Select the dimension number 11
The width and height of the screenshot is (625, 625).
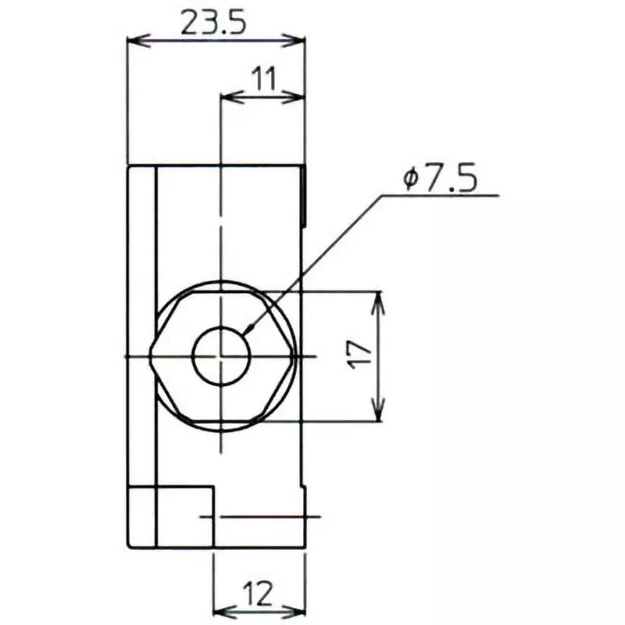pos(263,80)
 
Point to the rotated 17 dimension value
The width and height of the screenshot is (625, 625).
pos(360,356)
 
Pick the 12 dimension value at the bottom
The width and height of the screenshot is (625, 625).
pos(259,595)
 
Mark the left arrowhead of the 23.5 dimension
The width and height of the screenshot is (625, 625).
pos(133,39)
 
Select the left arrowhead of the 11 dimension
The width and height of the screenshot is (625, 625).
pos(229,96)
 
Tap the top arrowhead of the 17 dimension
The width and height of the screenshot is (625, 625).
pos(379,298)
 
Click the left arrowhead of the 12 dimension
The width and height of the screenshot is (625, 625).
pos(220,612)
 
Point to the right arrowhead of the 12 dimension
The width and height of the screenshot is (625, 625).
pos(298,612)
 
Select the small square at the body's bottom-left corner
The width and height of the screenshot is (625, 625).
pos(141,516)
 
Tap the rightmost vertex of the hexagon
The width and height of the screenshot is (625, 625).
pos(295,356)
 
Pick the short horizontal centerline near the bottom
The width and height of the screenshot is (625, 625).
pos(262,516)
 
